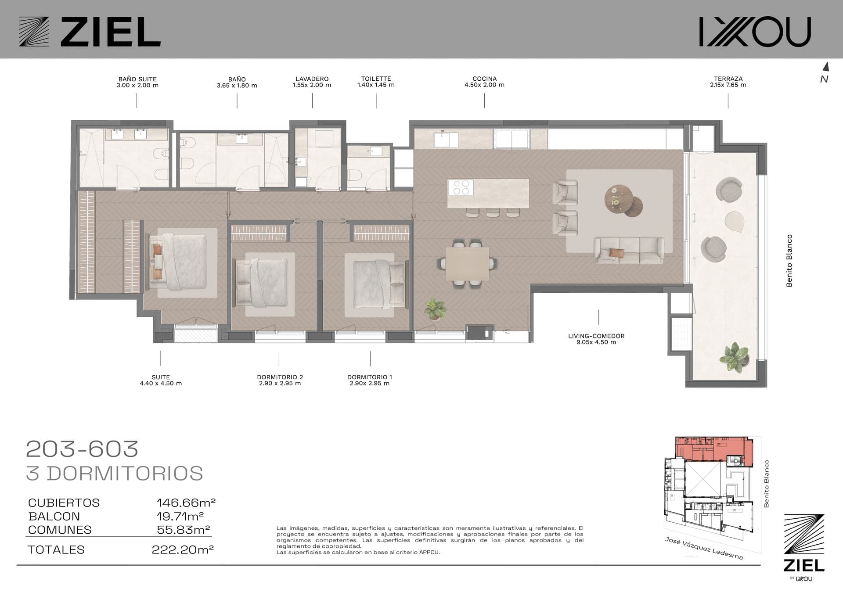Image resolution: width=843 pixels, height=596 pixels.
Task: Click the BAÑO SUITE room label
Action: click(x=137, y=79)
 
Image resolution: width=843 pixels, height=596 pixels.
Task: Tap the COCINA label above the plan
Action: click(x=484, y=79)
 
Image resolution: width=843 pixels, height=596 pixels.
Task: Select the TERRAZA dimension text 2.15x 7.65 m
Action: click(x=728, y=85)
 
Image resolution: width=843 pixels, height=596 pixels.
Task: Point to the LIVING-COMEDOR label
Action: click(x=596, y=336)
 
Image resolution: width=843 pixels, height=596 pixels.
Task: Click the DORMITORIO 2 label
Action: click(x=280, y=377)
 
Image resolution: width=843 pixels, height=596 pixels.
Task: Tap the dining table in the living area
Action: click(x=467, y=263)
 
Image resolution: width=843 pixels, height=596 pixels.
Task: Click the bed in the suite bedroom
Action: click(x=178, y=262)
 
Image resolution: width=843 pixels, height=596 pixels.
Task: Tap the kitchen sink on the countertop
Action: click(x=446, y=140)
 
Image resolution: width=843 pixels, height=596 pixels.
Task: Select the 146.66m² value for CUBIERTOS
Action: click(x=186, y=503)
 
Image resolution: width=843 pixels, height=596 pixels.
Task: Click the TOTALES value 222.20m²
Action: click(x=183, y=549)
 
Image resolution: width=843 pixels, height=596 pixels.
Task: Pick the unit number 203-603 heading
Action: click(x=83, y=449)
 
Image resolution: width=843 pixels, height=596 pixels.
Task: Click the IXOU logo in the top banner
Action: click(x=755, y=32)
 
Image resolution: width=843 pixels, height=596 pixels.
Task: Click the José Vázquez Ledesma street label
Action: click(x=704, y=548)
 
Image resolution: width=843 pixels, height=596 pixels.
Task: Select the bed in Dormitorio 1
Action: click(x=379, y=285)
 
